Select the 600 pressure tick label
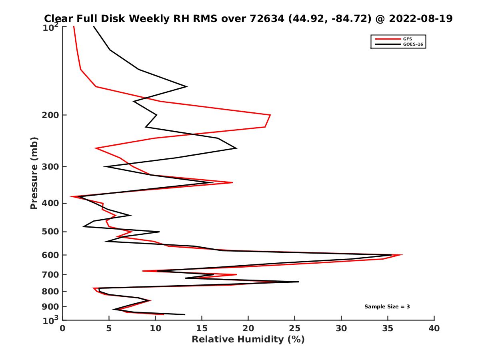point(50,255)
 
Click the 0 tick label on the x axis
point(63,328)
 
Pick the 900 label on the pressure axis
point(50,307)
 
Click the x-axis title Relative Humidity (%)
point(248,340)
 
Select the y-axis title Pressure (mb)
point(34,173)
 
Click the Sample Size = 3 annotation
point(387,307)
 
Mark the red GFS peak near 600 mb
point(402,255)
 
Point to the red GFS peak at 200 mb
point(270,115)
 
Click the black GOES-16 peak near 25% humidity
point(298,282)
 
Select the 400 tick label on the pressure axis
point(50,203)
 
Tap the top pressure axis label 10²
point(51,27)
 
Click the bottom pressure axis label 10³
point(51,320)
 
